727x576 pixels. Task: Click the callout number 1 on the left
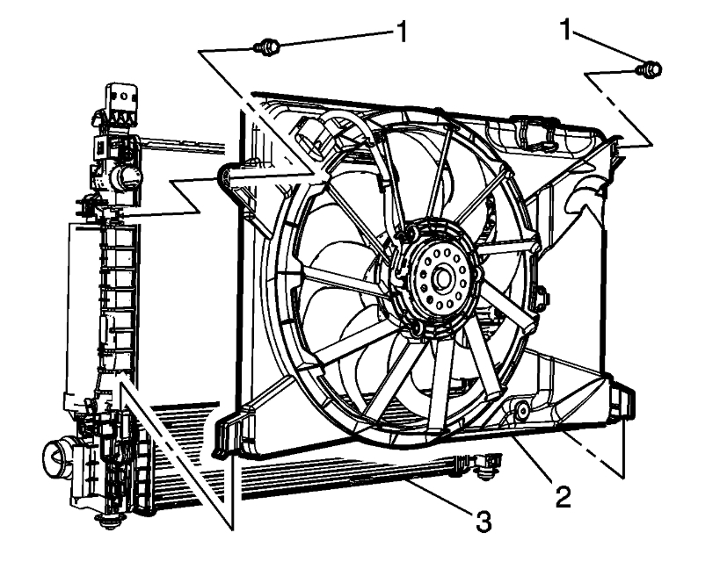click(401, 33)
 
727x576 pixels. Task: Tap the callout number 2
click(563, 496)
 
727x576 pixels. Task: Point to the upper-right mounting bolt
click(651, 68)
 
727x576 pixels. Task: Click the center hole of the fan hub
click(440, 279)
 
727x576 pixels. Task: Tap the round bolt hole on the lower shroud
click(522, 409)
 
